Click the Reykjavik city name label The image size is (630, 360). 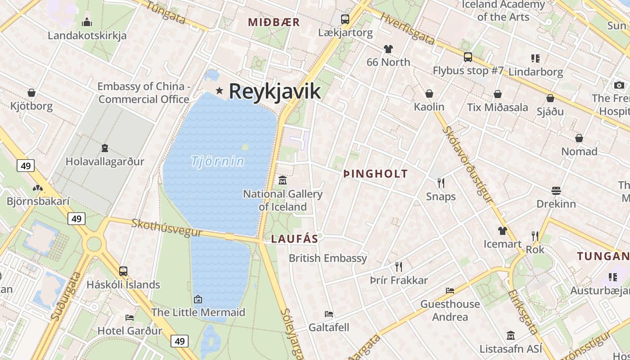[x=274, y=91]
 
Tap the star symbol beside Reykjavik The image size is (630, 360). [x=220, y=90]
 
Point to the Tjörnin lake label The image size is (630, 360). [x=218, y=161]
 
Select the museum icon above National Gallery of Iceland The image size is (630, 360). [x=283, y=180]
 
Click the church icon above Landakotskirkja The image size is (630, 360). [x=87, y=22]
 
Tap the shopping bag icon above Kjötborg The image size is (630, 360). [x=31, y=93]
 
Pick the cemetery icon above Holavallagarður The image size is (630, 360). [x=104, y=148]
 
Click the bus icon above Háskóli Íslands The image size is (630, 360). [x=123, y=271]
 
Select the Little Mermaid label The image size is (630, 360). [x=198, y=312]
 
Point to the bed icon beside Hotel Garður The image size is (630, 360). [x=130, y=317]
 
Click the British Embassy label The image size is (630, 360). [x=328, y=258]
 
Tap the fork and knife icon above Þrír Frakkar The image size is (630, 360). [x=398, y=266]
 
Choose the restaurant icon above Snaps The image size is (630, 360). [x=441, y=183]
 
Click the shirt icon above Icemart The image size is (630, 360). [x=503, y=231]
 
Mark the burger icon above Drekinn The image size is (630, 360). [x=556, y=190]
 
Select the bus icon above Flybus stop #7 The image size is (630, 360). [x=468, y=57]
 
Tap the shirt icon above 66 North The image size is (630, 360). [x=388, y=49]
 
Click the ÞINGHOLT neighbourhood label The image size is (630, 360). [x=375, y=174]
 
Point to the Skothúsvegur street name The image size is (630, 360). [x=166, y=228]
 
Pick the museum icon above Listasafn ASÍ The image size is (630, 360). [x=511, y=335]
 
